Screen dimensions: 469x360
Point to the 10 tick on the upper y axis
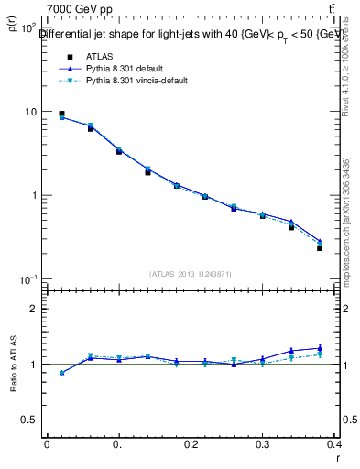pos(29,112)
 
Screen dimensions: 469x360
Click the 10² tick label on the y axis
pos(28,28)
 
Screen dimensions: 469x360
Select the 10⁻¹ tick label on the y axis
pos(28,279)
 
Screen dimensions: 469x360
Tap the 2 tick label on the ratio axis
pos(34,309)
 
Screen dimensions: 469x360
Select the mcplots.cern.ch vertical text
pos(346,220)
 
